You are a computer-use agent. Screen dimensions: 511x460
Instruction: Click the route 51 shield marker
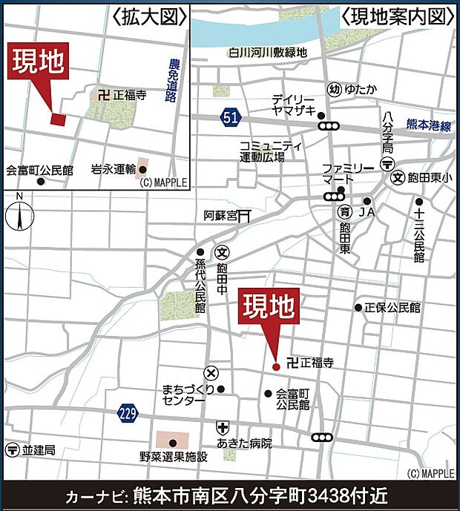click(230, 116)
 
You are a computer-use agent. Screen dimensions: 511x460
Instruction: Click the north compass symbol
click(20, 214)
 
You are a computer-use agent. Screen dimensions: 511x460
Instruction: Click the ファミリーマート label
click(343, 175)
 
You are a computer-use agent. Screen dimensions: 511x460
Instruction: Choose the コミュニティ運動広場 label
click(271, 152)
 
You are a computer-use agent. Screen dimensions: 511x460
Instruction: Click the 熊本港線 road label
click(429, 127)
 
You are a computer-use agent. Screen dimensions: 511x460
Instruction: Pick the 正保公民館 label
click(392, 306)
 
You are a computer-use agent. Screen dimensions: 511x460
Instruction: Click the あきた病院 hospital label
click(245, 444)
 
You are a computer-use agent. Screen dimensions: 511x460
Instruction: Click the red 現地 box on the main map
click(269, 306)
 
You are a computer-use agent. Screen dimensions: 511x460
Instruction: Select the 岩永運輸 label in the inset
click(113, 169)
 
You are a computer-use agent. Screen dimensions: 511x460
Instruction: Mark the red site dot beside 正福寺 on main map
click(276, 366)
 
